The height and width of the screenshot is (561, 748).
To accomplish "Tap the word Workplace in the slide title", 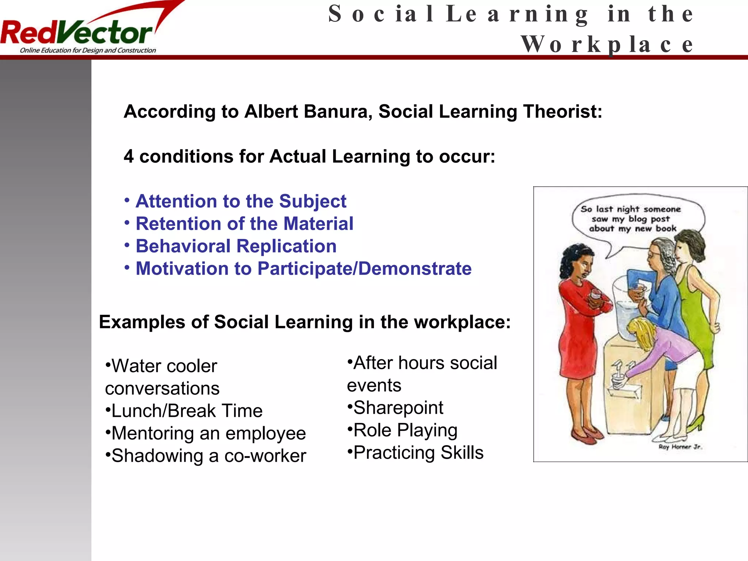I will pyautogui.click(x=607, y=44).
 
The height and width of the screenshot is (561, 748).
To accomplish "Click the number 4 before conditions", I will pyautogui.click(x=129, y=157).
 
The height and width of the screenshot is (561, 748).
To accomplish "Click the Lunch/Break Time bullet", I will pyautogui.click(x=187, y=411).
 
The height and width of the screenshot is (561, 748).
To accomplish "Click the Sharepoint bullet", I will pyautogui.click(x=398, y=408).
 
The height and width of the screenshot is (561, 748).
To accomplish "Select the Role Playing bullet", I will pyautogui.click(x=405, y=430).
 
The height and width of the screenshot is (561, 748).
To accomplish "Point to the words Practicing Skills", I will pyautogui.click(x=418, y=453).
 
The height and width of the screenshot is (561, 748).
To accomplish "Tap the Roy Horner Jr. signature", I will pyautogui.click(x=680, y=447).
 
